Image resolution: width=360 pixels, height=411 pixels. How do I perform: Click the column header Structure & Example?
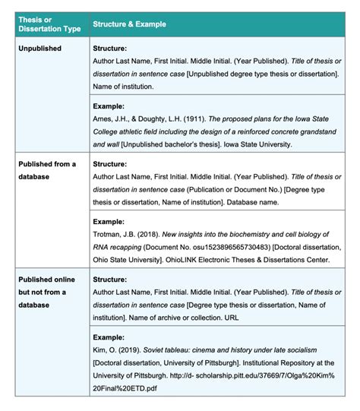pyautogui.click(x=129, y=24)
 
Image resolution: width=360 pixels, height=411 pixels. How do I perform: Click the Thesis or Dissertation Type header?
pyautogui.click(x=47, y=24)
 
